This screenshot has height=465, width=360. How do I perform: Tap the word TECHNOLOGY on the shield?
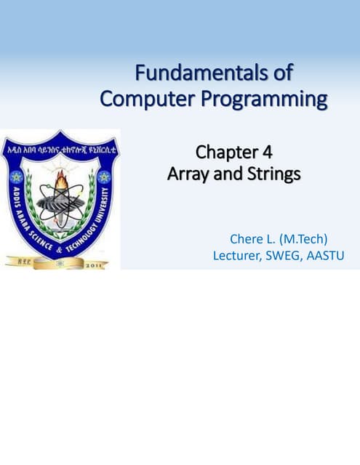coord(86,234)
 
